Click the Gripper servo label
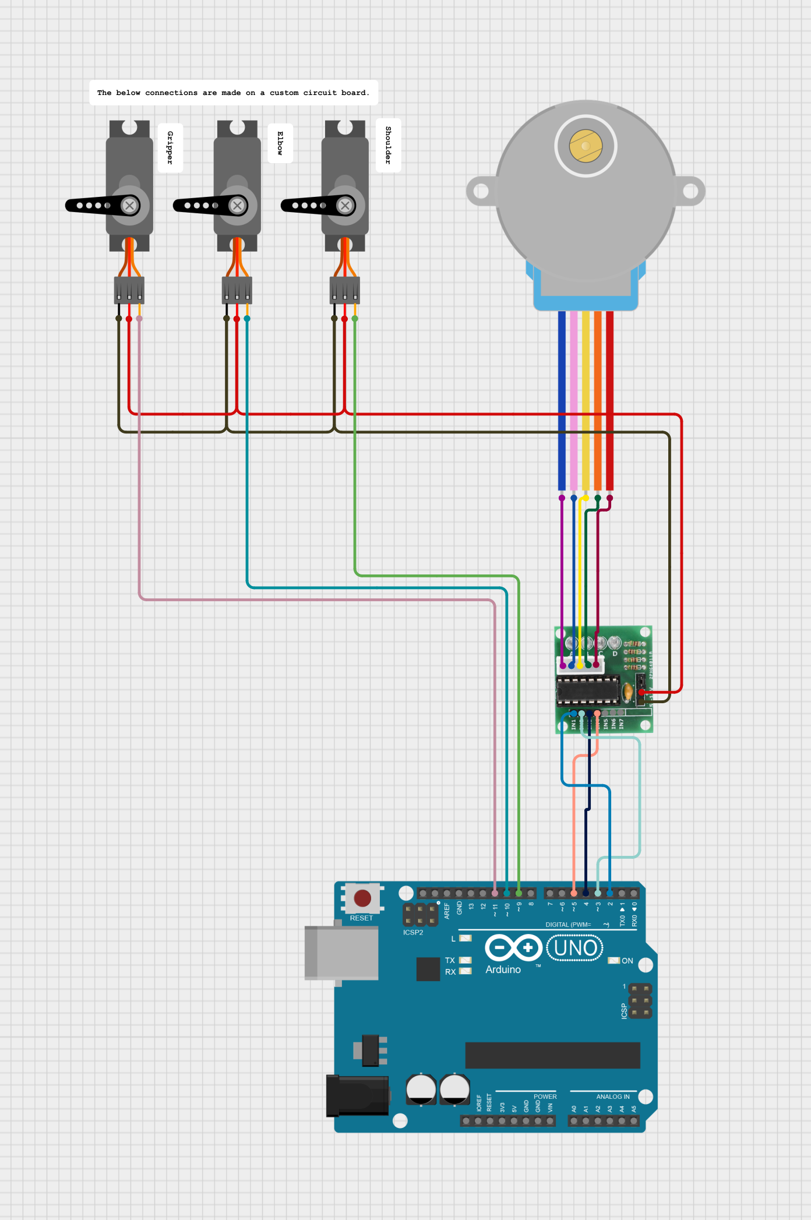click(x=170, y=147)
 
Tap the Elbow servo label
click(x=280, y=143)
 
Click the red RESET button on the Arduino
click(x=362, y=898)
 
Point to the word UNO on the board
click(x=575, y=949)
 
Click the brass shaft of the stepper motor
click(x=586, y=146)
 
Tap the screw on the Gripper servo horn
click(x=130, y=205)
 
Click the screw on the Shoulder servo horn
click(x=345, y=205)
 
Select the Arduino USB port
click(x=341, y=953)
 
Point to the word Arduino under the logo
click(x=503, y=970)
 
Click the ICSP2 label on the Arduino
click(x=413, y=933)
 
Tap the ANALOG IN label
click(x=612, y=1096)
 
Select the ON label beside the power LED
click(x=627, y=961)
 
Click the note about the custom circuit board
click(x=233, y=93)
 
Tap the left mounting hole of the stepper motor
click(x=481, y=191)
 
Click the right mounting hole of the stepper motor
click(x=690, y=191)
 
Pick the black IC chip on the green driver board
click(x=587, y=690)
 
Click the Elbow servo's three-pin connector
click(x=237, y=290)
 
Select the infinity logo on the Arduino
click(x=513, y=948)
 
